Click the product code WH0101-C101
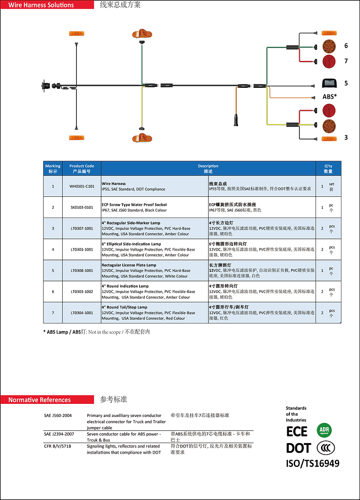click(x=82, y=186)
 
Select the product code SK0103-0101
click(x=82, y=207)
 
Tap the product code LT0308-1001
click(x=82, y=271)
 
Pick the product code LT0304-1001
click(x=82, y=313)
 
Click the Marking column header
click(x=53, y=169)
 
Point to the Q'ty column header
click(x=328, y=169)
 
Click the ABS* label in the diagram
click(x=330, y=97)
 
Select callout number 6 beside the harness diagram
click(x=346, y=46)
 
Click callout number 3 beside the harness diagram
click(x=346, y=138)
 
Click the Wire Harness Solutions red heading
click(x=42, y=5)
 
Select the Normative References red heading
click(x=40, y=400)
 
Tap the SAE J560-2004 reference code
click(x=58, y=416)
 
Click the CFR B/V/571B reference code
click(x=57, y=446)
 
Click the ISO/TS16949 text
click(x=313, y=463)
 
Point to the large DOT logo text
click(x=299, y=448)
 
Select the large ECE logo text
click(x=297, y=431)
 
